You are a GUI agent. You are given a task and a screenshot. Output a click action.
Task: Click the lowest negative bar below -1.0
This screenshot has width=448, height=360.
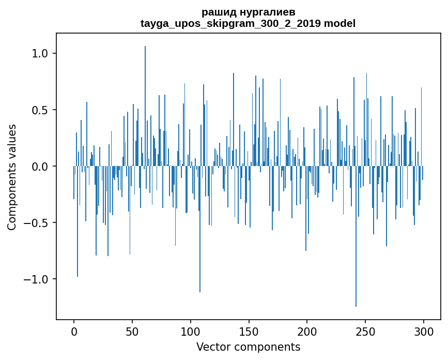(x=356, y=238)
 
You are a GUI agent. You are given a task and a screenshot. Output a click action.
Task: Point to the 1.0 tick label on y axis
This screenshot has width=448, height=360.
(x=40, y=54)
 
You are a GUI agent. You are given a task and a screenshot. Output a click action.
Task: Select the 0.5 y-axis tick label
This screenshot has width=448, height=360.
(x=40, y=110)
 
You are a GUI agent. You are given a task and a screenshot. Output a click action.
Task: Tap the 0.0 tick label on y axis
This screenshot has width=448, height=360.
(x=40, y=167)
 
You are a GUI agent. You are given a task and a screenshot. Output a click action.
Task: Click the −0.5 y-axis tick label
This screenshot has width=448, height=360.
(x=36, y=223)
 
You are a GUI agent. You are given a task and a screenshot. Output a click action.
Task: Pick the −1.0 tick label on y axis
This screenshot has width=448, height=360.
(x=36, y=279)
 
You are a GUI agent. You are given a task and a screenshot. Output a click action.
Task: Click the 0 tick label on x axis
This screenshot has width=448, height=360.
(x=74, y=332)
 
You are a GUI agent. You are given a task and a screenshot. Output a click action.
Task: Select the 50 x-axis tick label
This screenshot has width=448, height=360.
(x=132, y=332)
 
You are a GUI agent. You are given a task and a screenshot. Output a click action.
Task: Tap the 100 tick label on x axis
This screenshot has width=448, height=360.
(x=191, y=332)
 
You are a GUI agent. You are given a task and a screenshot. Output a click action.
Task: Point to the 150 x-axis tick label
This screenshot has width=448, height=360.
(x=249, y=332)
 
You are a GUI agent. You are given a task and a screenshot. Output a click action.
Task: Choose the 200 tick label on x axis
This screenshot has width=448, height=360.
(x=307, y=332)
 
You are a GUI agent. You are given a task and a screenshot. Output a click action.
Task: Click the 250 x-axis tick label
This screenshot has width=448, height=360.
(x=366, y=332)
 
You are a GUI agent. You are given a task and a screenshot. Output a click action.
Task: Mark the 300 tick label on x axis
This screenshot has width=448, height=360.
(x=424, y=332)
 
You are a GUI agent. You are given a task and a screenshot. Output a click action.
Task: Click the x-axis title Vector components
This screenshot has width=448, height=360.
(x=248, y=347)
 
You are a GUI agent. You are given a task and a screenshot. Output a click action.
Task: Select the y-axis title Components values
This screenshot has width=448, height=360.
(x=12, y=177)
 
